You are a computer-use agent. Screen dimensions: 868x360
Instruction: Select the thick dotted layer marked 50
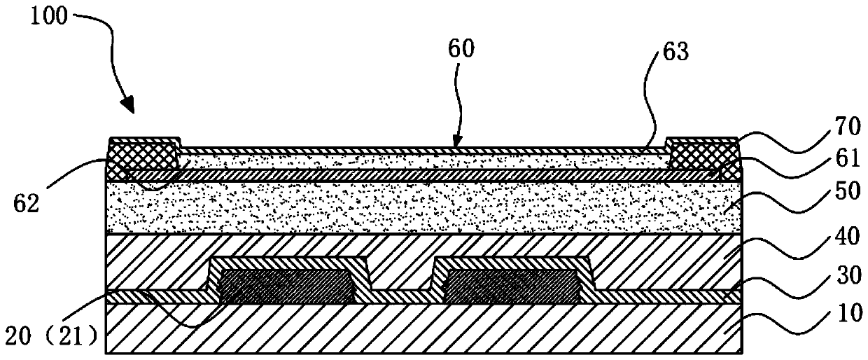[x=420, y=207]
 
